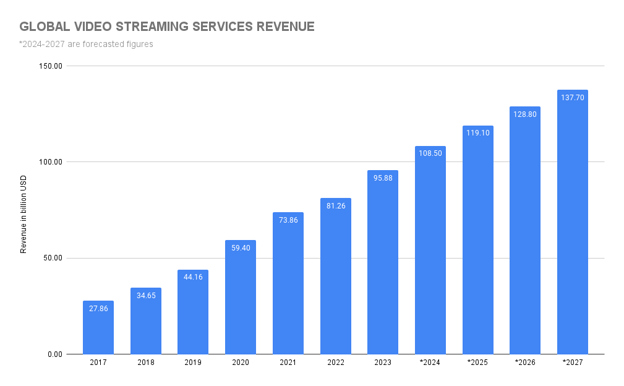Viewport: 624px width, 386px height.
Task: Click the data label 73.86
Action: point(288,220)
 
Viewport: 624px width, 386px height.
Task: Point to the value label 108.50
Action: point(430,153)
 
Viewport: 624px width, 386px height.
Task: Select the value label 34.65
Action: point(146,295)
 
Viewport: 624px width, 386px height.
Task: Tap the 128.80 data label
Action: point(525,114)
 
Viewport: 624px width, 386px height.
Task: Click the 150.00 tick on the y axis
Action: point(50,66)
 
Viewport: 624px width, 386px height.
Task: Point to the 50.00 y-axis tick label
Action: point(52,258)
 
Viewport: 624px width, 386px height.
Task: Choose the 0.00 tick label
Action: point(54,354)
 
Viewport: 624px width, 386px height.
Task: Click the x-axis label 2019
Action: point(193,362)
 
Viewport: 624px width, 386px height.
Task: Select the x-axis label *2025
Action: point(477,362)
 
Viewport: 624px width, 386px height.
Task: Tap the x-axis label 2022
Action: point(335,362)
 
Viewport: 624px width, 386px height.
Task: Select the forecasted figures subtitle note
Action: point(86,44)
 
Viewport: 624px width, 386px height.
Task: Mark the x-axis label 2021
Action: point(288,362)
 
